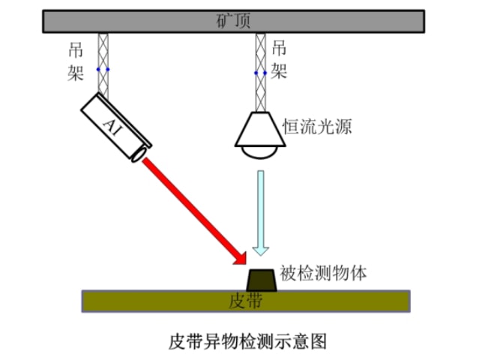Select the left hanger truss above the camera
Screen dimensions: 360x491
click(103, 52)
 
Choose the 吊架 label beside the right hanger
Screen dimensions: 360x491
click(279, 60)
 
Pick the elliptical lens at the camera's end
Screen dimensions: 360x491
click(139, 154)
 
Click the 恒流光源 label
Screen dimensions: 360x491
click(316, 125)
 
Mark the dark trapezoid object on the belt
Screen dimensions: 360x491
click(262, 281)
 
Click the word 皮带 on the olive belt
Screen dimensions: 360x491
click(245, 301)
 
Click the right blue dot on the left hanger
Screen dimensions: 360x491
click(108, 70)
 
